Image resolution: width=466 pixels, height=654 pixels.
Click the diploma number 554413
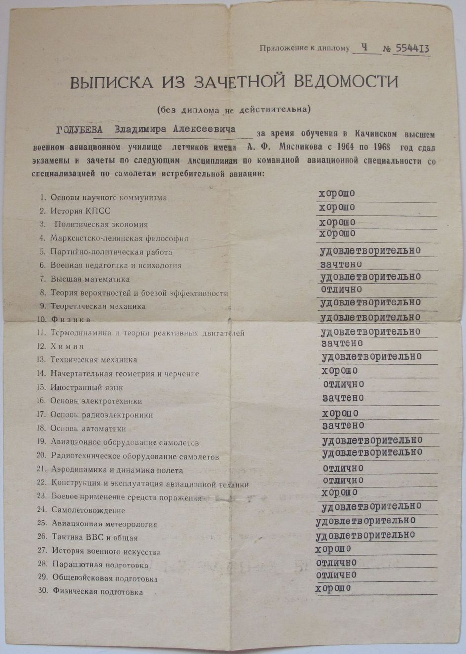point(411,48)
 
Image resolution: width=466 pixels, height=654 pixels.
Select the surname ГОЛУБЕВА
point(79,130)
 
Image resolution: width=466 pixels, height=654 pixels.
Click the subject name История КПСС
point(80,211)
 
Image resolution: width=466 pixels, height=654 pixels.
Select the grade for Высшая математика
point(370,277)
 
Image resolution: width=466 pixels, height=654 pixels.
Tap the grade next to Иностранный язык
point(344,384)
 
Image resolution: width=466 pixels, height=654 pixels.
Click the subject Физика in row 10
point(71,320)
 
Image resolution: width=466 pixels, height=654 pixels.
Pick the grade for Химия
point(342,343)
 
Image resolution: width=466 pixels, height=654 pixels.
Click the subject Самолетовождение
point(88,510)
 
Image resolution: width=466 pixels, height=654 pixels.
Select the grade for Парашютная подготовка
point(336,563)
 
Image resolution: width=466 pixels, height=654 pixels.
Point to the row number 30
point(42,591)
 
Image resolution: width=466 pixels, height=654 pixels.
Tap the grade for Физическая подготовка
point(333,588)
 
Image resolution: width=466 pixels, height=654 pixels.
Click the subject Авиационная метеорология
point(104,524)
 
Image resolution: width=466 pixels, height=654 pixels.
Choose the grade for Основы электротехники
point(343,398)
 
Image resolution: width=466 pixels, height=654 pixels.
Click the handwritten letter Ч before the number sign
point(364,47)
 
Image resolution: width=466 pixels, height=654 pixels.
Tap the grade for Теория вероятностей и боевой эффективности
point(342,289)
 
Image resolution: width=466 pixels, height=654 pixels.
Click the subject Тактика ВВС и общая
point(95,538)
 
